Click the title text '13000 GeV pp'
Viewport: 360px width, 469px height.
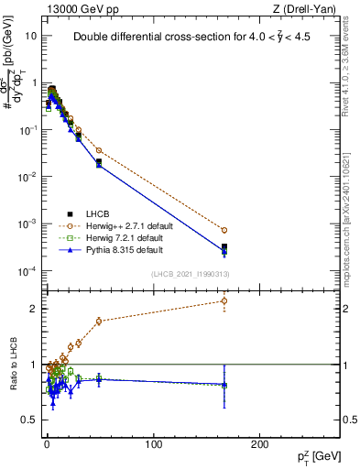point(72,8)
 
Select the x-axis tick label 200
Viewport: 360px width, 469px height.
point(259,445)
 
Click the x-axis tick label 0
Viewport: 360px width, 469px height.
point(47,445)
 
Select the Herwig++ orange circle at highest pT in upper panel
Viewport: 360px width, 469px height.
point(224,230)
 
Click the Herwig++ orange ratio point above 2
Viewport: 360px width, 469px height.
point(224,300)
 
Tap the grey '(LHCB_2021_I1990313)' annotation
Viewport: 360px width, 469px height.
point(190,274)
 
